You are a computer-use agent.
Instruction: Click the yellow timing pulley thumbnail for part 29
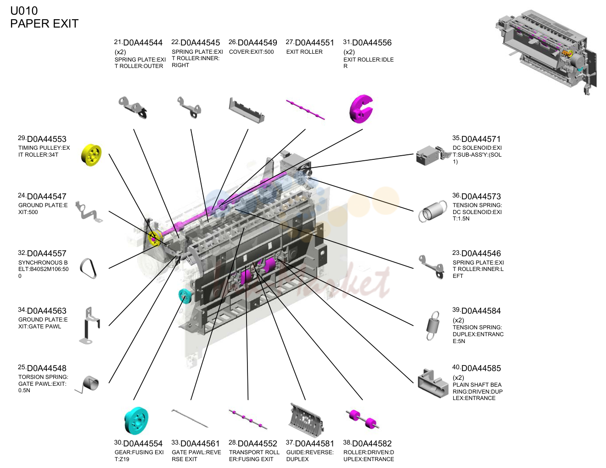pos(91,155)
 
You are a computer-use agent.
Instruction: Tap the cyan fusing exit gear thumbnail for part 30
pos(136,420)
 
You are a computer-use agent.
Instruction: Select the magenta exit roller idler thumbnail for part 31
pos(361,109)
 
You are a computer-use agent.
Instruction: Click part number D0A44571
pos(481,139)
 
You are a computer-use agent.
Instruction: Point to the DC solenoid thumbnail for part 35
pos(433,155)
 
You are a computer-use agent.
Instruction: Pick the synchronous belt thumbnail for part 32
pos(88,268)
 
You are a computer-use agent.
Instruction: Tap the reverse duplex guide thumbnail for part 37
pos(306,419)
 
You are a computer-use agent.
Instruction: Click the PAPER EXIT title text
pos(45,23)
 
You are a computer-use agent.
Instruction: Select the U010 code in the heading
pos(24,11)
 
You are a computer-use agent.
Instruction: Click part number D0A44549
pos(258,43)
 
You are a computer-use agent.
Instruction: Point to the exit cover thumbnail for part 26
pos(247,110)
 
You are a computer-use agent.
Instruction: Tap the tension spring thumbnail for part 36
pos(431,211)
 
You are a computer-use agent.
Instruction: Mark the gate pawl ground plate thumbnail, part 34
pos(90,325)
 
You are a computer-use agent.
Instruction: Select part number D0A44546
pos(481,253)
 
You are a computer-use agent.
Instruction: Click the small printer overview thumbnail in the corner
pos(546,52)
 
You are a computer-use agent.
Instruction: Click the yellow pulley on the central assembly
pos(154,238)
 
